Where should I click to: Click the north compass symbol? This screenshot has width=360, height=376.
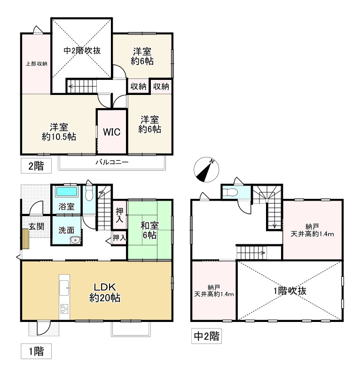point(206,170)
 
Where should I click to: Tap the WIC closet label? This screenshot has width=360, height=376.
point(112,132)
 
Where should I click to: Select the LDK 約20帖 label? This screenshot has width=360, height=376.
point(105,292)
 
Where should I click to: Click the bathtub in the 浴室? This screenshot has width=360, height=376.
point(67,192)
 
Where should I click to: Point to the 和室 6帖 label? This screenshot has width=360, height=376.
point(149,230)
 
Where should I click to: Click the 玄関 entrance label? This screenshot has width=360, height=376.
point(37,226)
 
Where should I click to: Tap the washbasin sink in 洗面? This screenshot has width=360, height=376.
point(75,240)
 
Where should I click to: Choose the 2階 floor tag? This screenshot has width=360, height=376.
point(36,166)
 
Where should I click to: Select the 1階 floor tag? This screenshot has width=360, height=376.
point(36,351)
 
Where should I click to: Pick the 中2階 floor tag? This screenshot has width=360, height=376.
point(206,336)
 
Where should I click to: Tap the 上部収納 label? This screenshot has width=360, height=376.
point(37,64)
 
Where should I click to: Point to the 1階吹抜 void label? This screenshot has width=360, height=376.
point(290,291)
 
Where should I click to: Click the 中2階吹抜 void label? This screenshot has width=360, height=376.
point(82,51)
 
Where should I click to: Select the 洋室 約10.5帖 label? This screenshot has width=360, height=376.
point(59,132)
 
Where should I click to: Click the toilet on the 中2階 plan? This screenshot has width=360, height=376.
point(229,192)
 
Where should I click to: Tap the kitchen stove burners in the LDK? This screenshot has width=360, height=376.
point(64,309)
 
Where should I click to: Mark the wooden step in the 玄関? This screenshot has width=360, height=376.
point(25,239)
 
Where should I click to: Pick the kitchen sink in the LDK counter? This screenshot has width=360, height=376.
point(64,287)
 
